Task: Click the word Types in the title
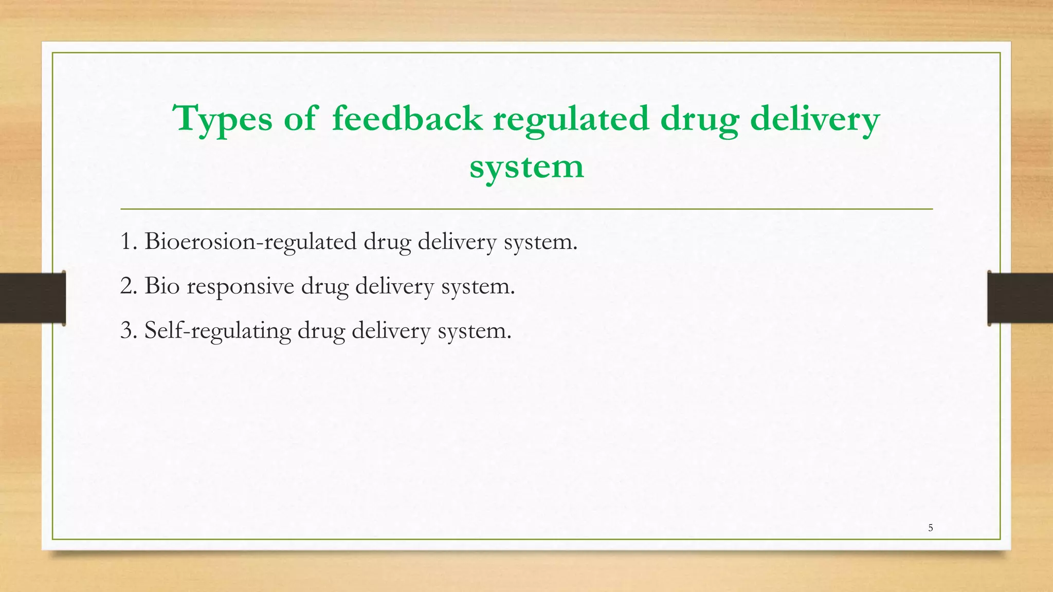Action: coord(223,119)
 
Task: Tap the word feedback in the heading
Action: coord(407,118)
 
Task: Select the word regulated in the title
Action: coord(571,119)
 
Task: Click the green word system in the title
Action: coord(526,167)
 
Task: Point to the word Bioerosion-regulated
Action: coord(250,242)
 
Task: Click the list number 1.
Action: coord(127,242)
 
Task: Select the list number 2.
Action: coord(128,286)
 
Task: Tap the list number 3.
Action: coord(128,330)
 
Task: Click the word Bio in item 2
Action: coord(161,286)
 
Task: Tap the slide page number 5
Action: coord(930,528)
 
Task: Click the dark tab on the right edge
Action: coord(1020,298)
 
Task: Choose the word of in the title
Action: coord(300,118)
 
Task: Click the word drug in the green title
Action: coord(699,119)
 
